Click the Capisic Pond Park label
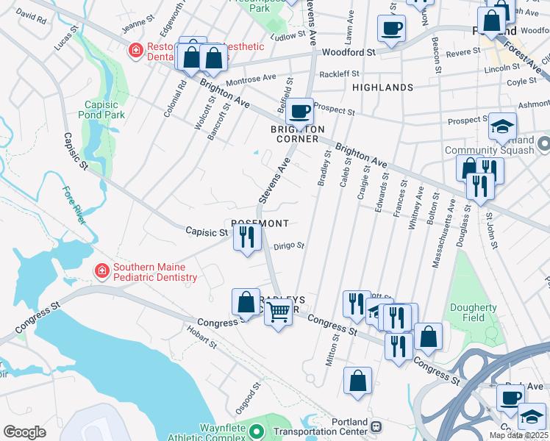click(x=104, y=110)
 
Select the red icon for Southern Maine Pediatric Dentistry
click(x=101, y=272)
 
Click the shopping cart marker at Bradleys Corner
click(x=278, y=312)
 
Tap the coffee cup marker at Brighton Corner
click(x=299, y=112)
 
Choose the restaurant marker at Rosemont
click(x=246, y=237)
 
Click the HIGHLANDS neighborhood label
click(x=382, y=87)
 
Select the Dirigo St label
click(x=288, y=247)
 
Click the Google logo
click(x=24, y=432)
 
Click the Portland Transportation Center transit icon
click(x=376, y=426)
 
